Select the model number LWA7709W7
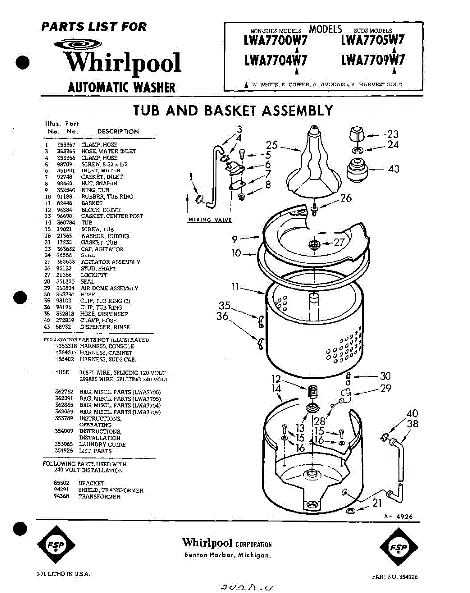point(373,60)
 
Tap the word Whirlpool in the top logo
point(123,63)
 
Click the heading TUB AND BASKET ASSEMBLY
point(233,111)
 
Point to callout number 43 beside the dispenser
point(394,169)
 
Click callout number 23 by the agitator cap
point(393,133)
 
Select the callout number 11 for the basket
point(235,287)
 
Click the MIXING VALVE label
point(210,220)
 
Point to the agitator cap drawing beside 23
point(357,133)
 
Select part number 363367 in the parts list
point(65,145)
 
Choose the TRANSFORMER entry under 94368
point(99,497)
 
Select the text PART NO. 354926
point(397,577)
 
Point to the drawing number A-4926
point(398,517)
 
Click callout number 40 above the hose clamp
point(412,414)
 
